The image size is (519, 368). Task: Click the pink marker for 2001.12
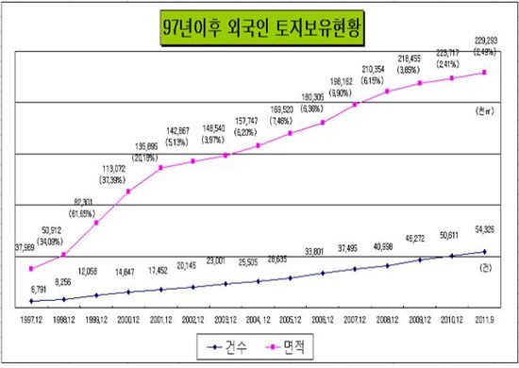pos(161,168)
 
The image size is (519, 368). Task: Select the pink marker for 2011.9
pos(485,72)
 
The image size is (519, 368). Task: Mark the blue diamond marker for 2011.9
pos(485,251)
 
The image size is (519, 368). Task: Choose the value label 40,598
pos(387,245)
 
